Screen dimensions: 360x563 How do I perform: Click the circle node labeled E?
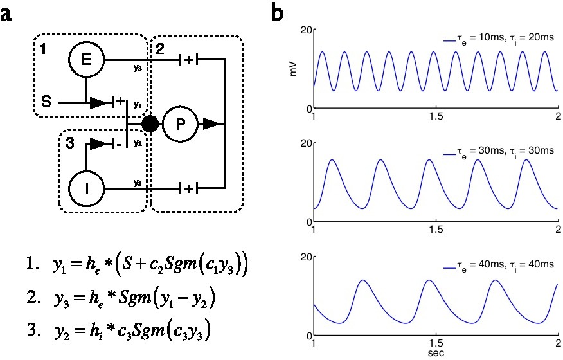tap(86, 60)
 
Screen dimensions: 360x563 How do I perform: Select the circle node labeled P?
tap(180, 123)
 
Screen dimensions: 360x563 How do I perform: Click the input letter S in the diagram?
tap(46, 101)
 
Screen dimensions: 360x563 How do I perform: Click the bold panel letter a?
tap(8, 14)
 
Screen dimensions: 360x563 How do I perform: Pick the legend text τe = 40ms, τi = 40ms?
tap(499, 265)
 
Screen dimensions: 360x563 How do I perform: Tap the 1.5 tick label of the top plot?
tap(435, 119)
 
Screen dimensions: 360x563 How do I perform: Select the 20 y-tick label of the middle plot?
tap(306, 143)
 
